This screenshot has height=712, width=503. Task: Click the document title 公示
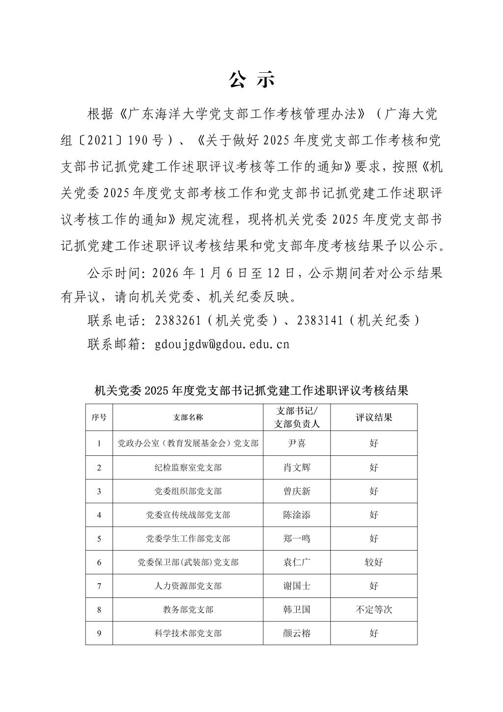251,80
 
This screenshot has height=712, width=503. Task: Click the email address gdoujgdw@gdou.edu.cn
222,344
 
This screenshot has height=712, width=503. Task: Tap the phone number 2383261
178,321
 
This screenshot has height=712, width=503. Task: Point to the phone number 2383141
320,321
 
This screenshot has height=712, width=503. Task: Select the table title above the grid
251,391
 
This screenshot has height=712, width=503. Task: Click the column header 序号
99,417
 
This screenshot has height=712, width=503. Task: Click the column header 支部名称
188,417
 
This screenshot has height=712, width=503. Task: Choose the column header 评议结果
374,417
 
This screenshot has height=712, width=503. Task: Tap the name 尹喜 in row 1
297,444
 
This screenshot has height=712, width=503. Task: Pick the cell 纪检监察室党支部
188,468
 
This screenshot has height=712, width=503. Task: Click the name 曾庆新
297,491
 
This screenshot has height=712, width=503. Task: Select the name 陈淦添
297,515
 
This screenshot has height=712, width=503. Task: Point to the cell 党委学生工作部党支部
188,538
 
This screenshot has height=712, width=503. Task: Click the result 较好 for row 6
374,562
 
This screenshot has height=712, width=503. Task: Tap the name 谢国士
297,586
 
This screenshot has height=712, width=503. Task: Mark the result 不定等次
374,610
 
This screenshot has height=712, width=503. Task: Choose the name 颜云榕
297,633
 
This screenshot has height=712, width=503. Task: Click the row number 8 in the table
99,610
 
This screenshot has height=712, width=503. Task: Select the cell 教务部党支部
188,610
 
